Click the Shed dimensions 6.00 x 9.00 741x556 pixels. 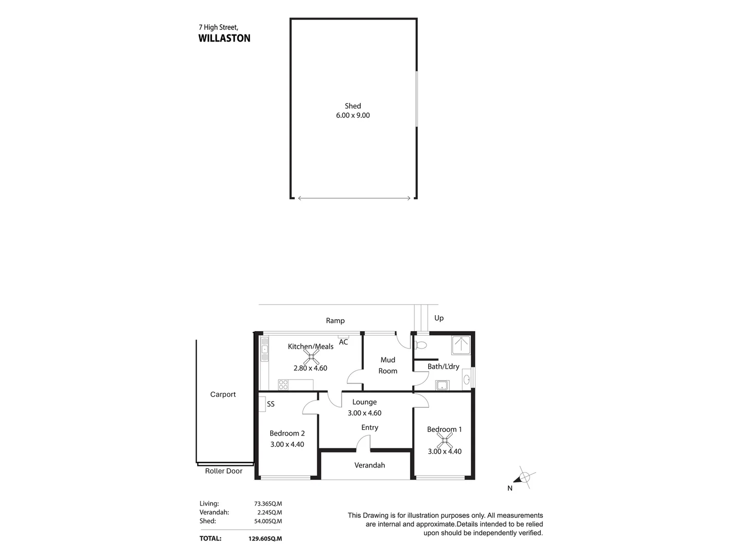pyautogui.click(x=353, y=115)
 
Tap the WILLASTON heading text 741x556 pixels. pyautogui.click(x=224, y=38)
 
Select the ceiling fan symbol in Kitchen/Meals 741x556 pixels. pyautogui.click(x=311, y=356)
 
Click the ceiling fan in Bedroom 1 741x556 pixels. pyautogui.click(x=445, y=440)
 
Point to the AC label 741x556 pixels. pyautogui.click(x=343, y=342)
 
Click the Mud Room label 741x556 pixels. pyautogui.click(x=388, y=365)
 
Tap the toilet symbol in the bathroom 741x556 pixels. pyautogui.click(x=420, y=344)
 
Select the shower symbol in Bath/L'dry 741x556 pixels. pyautogui.click(x=461, y=345)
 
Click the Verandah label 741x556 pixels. pyautogui.click(x=369, y=465)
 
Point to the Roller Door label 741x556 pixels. pyautogui.click(x=223, y=471)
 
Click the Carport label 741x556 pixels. pyautogui.click(x=223, y=394)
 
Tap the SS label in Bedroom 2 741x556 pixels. pyautogui.click(x=271, y=404)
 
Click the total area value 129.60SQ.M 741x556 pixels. pyautogui.click(x=264, y=538)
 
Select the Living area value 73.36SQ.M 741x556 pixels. pyautogui.click(x=268, y=503)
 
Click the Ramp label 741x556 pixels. pyautogui.click(x=335, y=320)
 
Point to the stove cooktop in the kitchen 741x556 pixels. pyautogui.click(x=283, y=385)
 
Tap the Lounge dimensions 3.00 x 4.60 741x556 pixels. pyautogui.click(x=364, y=413)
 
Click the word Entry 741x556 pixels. pyautogui.click(x=369, y=427)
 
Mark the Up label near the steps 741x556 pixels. pyautogui.click(x=439, y=318)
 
